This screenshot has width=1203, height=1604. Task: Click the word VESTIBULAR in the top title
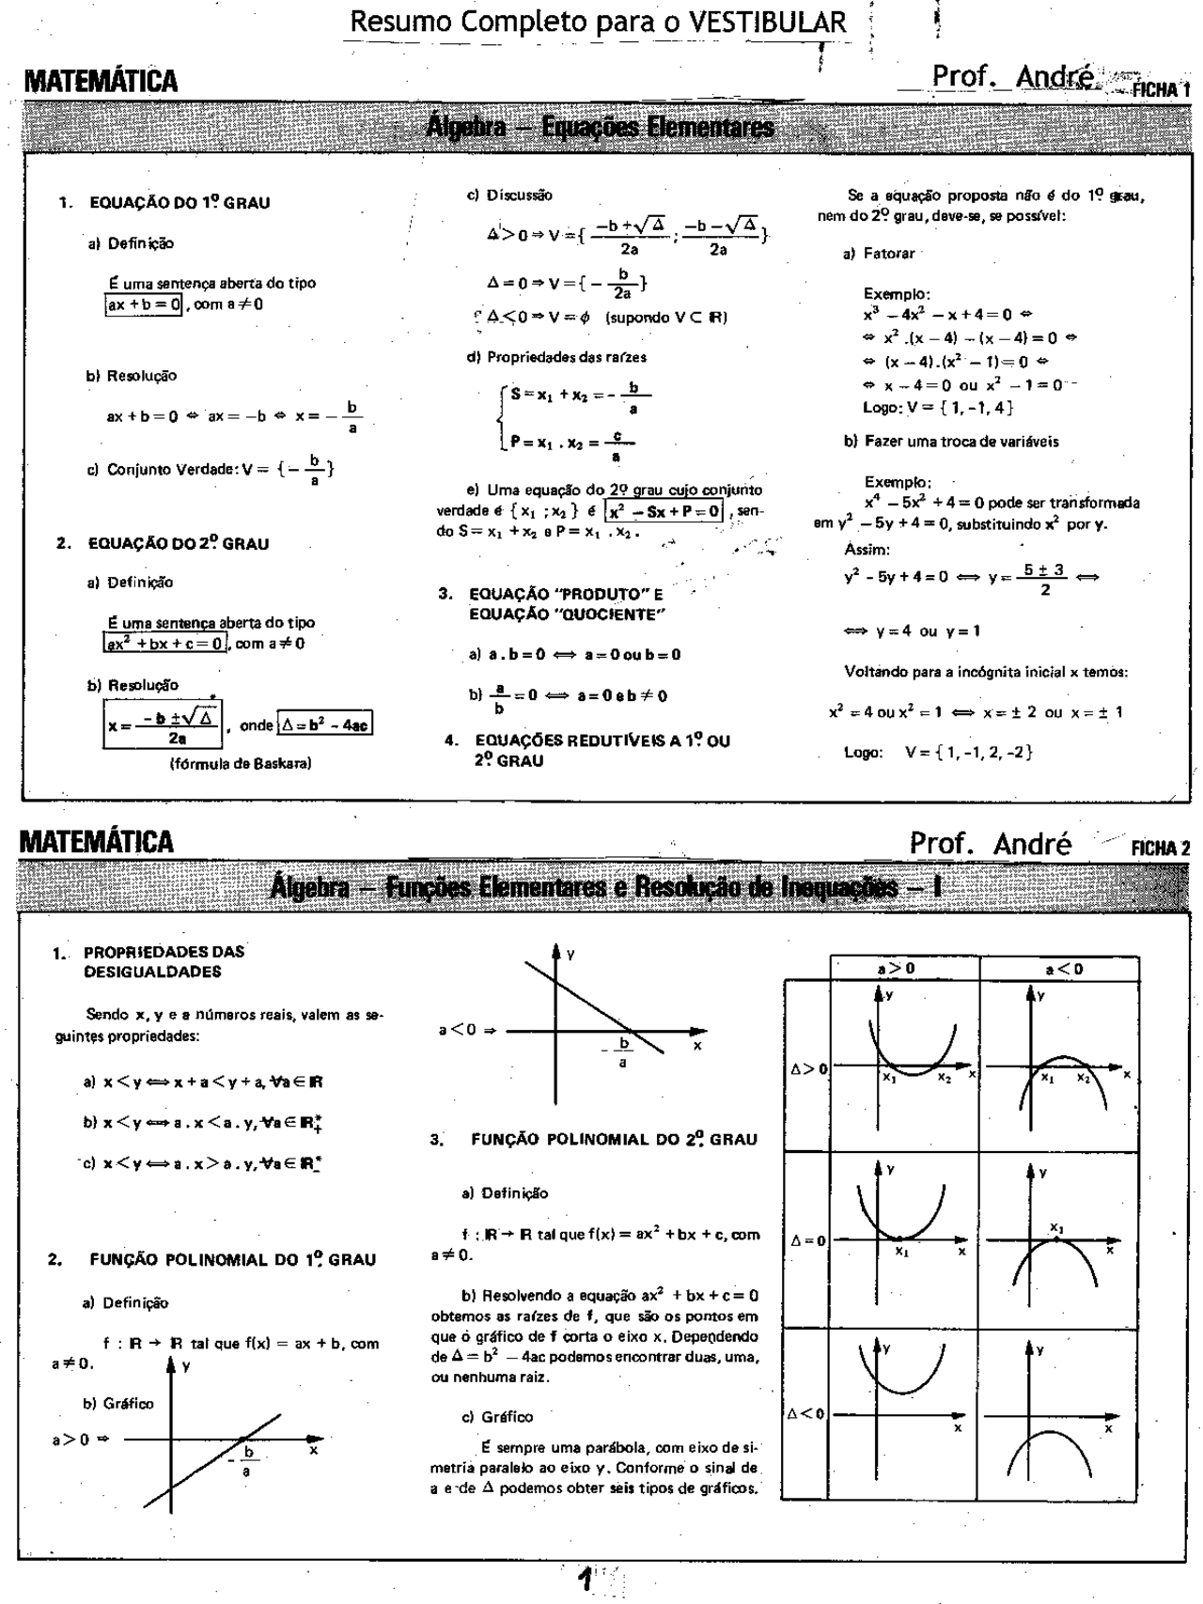pos(767,21)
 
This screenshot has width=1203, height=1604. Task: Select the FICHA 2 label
pos(1160,848)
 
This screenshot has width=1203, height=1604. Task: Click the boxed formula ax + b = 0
pos(144,304)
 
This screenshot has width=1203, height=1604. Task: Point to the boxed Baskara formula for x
pos(163,727)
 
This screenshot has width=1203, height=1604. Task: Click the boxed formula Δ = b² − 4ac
pos(324,725)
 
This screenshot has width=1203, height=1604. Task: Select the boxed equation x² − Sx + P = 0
pos(664,511)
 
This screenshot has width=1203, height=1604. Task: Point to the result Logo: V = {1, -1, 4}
pos(937,407)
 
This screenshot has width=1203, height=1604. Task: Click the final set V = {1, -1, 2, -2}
pos(969,752)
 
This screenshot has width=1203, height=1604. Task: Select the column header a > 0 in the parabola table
pos(896,969)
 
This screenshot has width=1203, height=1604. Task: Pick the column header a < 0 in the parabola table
pos(1064,969)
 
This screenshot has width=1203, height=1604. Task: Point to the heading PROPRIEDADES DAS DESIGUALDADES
pos(164,961)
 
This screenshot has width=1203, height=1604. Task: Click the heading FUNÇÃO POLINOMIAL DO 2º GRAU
pos(613,1140)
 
